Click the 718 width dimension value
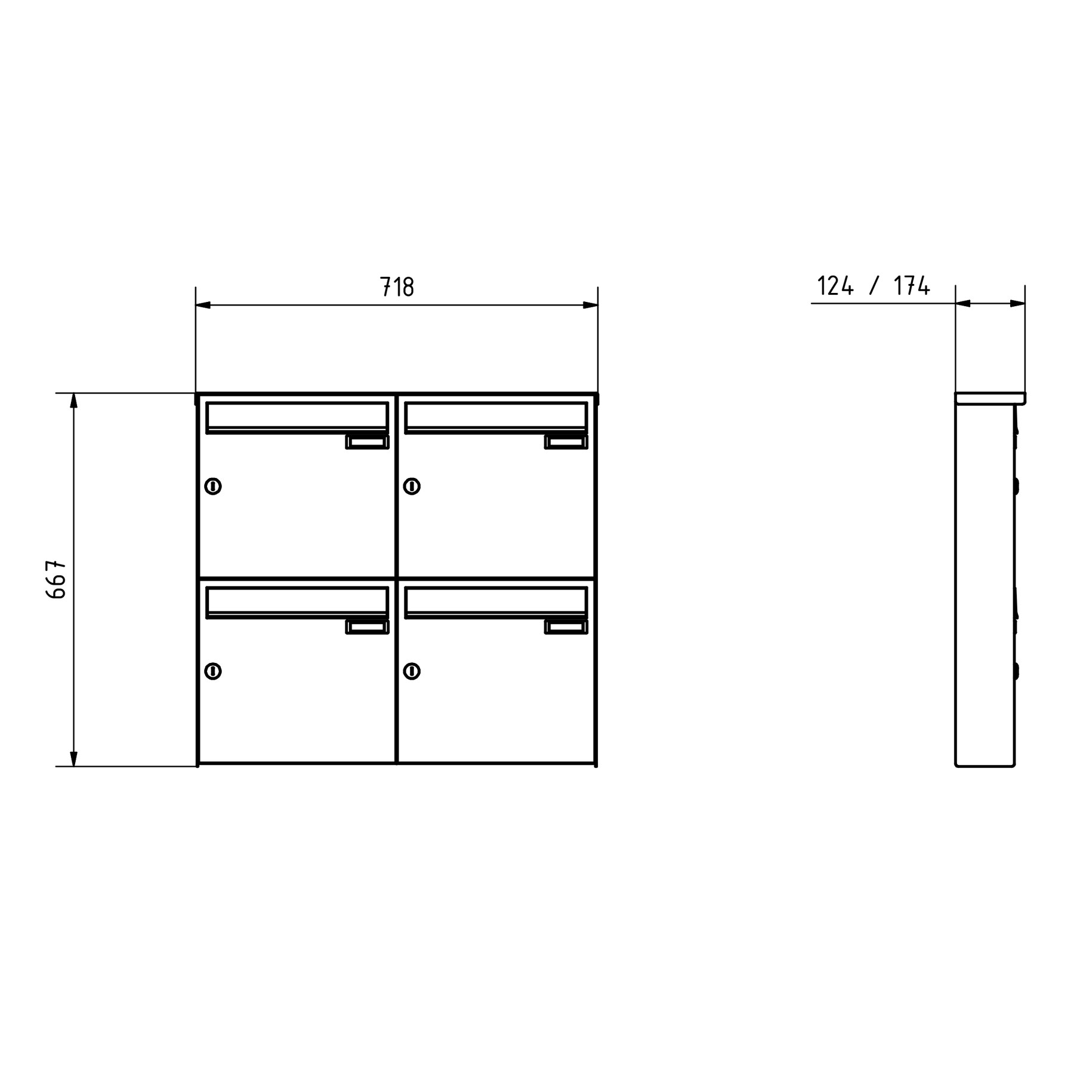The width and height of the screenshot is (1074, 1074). click(397, 287)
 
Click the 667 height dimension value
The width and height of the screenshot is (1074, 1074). click(55, 579)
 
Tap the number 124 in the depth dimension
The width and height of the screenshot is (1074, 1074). click(835, 286)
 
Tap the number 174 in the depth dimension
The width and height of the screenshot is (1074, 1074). click(912, 286)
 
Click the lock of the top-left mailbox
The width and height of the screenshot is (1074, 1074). click(213, 486)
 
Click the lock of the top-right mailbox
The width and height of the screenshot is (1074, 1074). click(412, 486)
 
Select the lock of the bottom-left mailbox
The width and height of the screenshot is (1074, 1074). click(213, 671)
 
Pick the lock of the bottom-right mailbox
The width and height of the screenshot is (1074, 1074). click(412, 671)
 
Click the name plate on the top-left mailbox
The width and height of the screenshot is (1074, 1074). click(368, 442)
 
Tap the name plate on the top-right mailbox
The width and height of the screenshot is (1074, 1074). click(566, 442)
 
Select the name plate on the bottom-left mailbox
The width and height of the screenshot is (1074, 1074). click(368, 627)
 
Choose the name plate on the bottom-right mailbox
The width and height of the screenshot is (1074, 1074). click(566, 627)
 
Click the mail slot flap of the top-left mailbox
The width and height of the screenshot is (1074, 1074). click(297, 415)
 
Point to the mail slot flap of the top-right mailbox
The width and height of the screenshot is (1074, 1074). click(496, 415)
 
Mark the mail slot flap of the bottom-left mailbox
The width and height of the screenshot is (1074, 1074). click(297, 600)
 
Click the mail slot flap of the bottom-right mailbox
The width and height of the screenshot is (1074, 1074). click(496, 600)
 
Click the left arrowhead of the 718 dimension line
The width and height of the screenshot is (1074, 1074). click(203, 305)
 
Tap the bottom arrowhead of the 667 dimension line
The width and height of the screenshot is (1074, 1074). click(74, 759)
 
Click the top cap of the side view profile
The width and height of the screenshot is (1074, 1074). click(990, 398)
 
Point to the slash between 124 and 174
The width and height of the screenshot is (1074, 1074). click(874, 286)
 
